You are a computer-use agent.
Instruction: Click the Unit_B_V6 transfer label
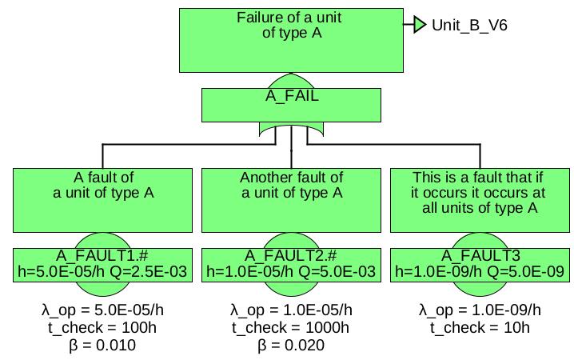[469, 25]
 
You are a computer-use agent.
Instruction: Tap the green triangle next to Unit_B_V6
[421, 25]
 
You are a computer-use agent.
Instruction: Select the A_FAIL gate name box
[291, 98]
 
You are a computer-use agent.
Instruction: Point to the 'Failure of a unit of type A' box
[291, 40]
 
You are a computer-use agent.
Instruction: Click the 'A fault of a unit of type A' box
[103, 199]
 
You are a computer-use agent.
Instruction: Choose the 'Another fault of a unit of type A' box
[291, 199]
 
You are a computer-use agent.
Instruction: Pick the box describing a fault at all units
[480, 199]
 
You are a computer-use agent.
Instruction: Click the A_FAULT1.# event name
[103, 256]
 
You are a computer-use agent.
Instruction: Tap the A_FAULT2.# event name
[291, 256]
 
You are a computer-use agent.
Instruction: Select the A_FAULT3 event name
[480, 256]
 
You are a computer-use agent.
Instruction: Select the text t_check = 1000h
[291, 327]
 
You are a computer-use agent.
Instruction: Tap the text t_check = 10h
[480, 327]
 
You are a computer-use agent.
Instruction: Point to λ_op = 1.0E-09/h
[480, 310]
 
